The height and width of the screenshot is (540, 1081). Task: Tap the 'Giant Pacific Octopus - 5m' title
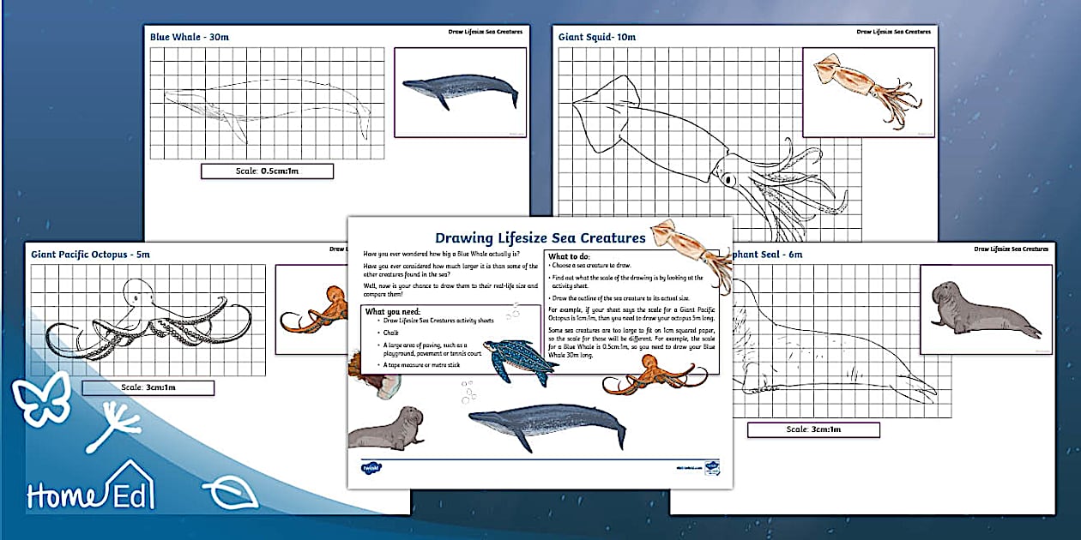coord(90,254)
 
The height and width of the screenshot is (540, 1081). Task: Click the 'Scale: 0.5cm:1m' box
coord(267,171)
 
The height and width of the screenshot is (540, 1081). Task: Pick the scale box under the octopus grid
coord(148,387)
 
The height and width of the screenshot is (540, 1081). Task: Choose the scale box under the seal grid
coord(813,429)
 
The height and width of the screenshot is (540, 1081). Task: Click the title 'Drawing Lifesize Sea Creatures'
coord(540,237)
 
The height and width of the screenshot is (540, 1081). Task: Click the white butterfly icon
coord(40,397)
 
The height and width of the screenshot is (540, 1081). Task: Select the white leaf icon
coord(229,494)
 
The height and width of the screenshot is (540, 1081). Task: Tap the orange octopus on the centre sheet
coord(648,375)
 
